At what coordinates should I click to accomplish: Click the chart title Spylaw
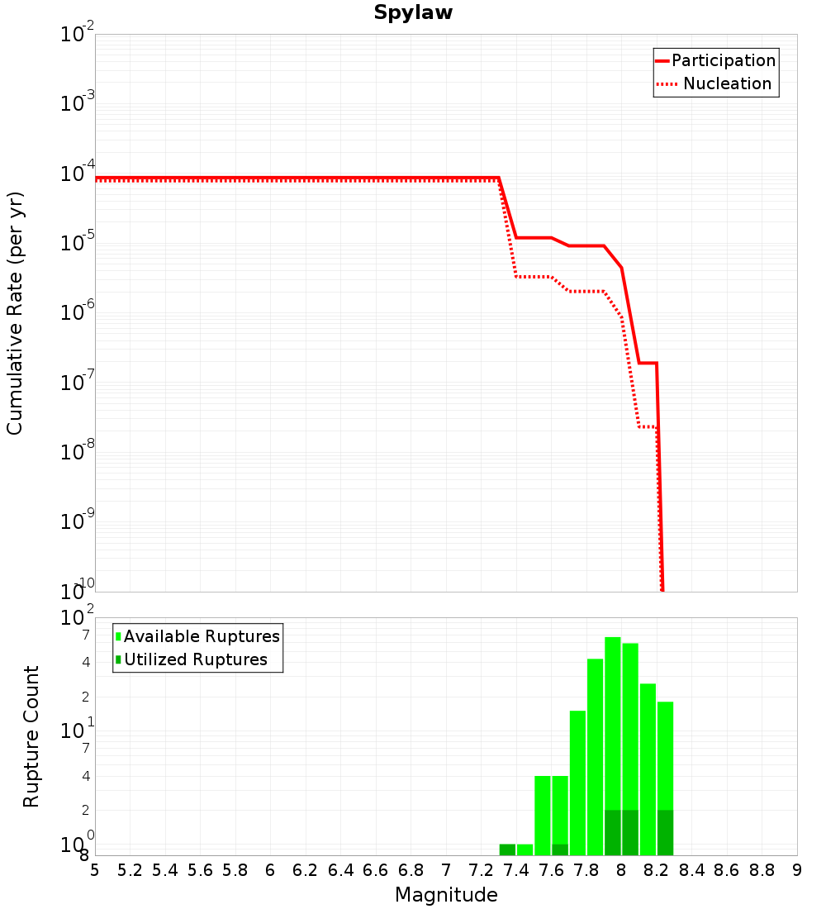[x=413, y=12]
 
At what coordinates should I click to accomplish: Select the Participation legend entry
[x=715, y=60]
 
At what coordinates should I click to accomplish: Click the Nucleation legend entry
[x=714, y=83]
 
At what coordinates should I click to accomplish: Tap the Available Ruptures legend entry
[x=197, y=636]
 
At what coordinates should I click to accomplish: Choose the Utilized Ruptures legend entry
[x=192, y=659]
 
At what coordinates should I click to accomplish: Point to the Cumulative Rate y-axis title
[x=15, y=313]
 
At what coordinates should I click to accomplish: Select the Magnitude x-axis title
[x=446, y=894]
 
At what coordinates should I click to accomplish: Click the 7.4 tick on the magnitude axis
[x=516, y=870]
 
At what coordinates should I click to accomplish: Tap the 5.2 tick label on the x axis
[x=130, y=870]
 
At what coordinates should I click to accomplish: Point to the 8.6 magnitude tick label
[x=726, y=870]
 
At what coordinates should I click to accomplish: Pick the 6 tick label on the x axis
[x=270, y=870]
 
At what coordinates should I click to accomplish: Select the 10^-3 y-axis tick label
[x=78, y=102]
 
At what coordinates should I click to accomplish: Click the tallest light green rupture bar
[x=613, y=746]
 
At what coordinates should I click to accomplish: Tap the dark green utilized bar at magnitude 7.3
[x=507, y=850]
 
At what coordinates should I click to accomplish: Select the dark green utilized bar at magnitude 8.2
[x=666, y=832]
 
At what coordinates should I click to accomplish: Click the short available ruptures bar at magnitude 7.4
[x=525, y=850]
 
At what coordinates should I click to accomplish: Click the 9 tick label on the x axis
[x=797, y=870]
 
